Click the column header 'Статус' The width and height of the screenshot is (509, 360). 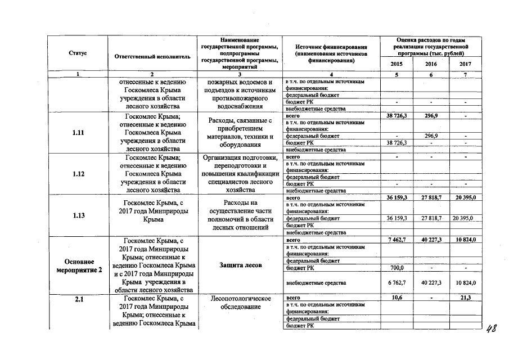click(77, 53)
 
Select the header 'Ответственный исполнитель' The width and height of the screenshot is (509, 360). click(152, 57)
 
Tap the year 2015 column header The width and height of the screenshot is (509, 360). click(397, 64)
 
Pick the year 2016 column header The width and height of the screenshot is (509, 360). click(431, 64)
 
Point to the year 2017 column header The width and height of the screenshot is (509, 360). click(465, 64)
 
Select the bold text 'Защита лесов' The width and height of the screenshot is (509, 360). click(240, 265)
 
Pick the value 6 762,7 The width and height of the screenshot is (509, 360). click(397, 282)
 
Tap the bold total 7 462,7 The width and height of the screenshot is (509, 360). click(397, 240)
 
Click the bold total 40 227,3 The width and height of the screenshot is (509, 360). click(431, 240)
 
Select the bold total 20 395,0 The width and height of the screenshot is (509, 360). click(465, 198)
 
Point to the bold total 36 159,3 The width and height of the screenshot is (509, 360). click(397, 198)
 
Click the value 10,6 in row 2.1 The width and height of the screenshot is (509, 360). click(397, 297)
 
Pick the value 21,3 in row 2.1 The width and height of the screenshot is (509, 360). click(465, 297)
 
